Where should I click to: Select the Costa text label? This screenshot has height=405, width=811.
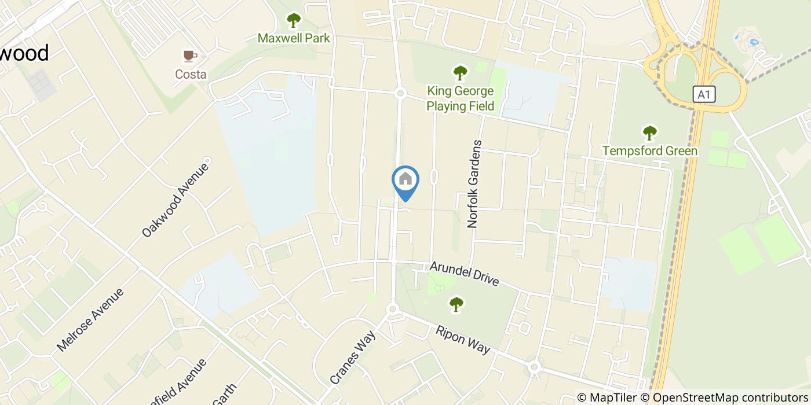click(x=191, y=74)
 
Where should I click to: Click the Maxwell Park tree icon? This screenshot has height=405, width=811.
click(x=294, y=21)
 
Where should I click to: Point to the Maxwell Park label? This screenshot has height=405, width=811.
click(x=294, y=38)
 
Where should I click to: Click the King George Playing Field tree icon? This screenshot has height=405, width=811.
click(x=460, y=73)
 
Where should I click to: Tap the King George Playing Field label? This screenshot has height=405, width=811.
click(x=461, y=98)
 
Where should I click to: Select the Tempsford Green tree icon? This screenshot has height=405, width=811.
click(x=650, y=133)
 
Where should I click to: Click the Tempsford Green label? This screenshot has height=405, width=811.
click(x=650, y=151)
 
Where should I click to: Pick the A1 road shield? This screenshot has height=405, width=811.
click(x=704, y=94)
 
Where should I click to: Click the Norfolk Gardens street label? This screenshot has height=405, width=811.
click(x=474, y=183)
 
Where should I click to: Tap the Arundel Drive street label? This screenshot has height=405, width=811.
click(x=464, y=274)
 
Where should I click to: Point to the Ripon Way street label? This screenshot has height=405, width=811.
click(x=463, y=340)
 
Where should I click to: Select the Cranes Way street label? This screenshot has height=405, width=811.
click(x=353, y=358)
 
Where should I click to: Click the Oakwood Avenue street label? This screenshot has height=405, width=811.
click(x=175, y=200)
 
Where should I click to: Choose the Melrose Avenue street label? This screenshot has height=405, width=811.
click(x=90, y=319)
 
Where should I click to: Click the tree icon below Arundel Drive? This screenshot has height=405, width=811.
click(x=456, y=304)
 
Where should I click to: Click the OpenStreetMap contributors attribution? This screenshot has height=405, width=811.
click(x=729, y=397)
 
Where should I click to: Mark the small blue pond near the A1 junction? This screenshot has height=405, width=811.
click(x=754, y=41)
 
